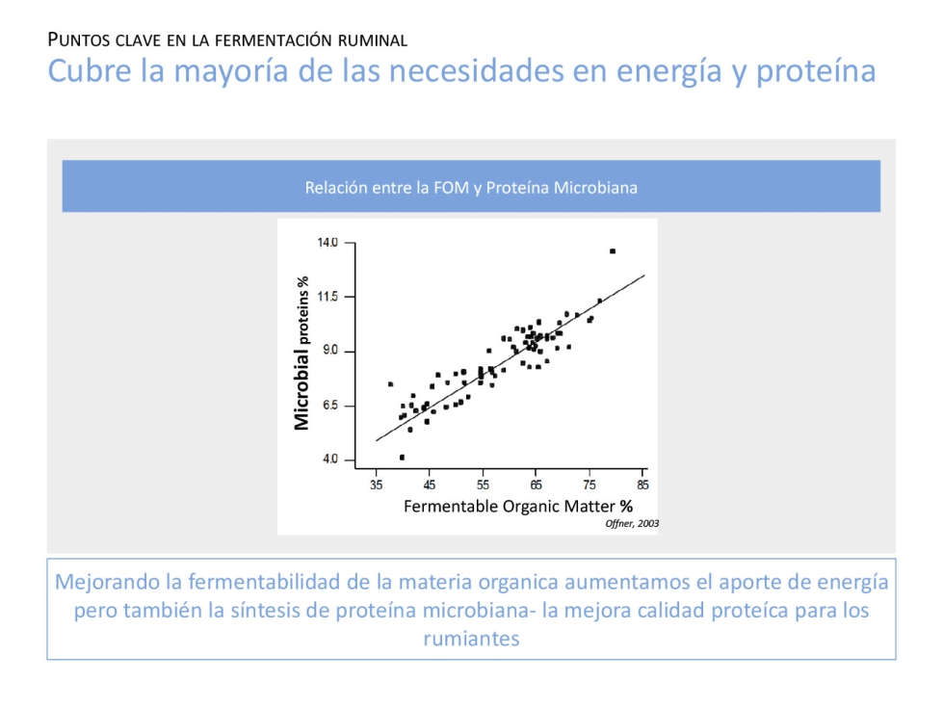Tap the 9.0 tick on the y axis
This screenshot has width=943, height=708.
[x=330, y=351]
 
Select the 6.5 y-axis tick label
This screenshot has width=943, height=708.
[x=330, y=406]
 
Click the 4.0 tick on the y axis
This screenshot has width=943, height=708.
[x=330, y=459]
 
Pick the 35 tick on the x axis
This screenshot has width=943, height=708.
[x=377, y=485]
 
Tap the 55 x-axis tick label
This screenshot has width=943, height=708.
[x=484, y=485]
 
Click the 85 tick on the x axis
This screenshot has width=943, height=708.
[x=643, y=485]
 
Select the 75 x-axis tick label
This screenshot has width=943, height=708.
[x=590, y=485]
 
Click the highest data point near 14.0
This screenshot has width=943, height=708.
[x=613, y=251]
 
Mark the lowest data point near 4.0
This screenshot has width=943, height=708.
[x=402, y=457]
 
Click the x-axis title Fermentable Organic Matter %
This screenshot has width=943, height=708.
[x=517, y=506]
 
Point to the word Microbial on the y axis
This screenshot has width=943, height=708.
[x=302, y=389]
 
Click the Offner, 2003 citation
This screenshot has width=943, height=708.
[x=632, y=523]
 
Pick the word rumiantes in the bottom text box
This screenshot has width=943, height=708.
[x=471, y=638]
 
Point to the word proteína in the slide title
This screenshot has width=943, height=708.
[x=816, y=72]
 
